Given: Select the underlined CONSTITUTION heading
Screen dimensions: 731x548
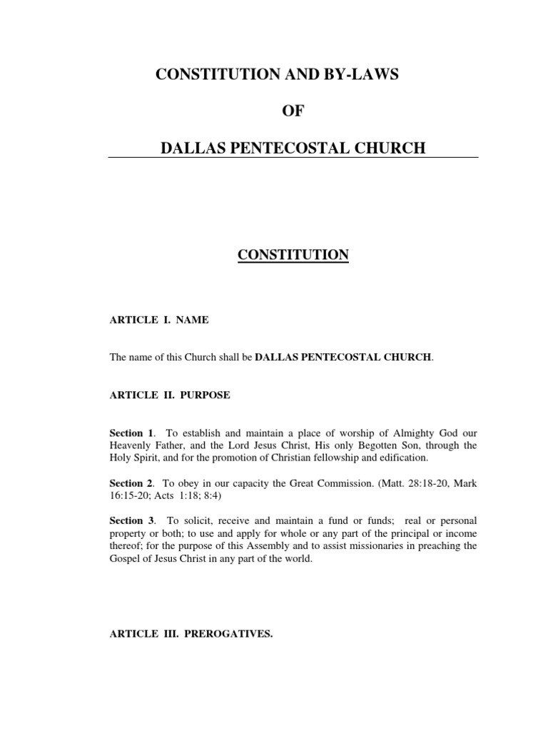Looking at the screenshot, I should tap(293, 255).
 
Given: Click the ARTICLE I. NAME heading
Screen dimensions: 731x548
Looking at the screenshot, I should tap(158, 320).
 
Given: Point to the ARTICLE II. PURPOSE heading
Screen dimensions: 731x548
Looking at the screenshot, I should tap(169, 395).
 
